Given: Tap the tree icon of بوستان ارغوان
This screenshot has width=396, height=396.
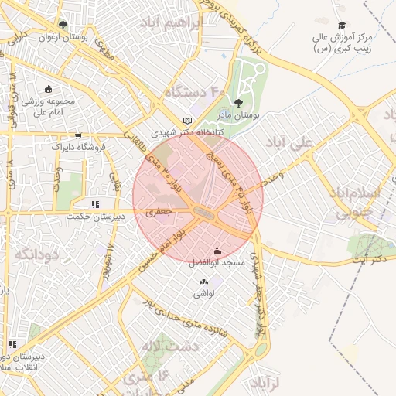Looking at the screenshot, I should coord(63,26).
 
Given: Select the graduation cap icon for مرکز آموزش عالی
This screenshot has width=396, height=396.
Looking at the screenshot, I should coord(343,26).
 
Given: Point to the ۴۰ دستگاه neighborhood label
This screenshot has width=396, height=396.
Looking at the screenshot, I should coord(193,94).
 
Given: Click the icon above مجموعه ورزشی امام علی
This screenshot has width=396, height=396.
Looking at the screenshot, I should coord(49,89).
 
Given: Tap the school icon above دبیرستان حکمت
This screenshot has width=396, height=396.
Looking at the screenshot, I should coord(95,204).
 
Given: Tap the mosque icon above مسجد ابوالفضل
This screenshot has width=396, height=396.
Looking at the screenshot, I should coord(216,251).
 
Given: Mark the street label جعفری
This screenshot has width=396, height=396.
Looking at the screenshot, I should coord(162,210).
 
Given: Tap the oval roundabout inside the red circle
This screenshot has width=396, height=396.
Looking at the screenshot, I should coord(203,211).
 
